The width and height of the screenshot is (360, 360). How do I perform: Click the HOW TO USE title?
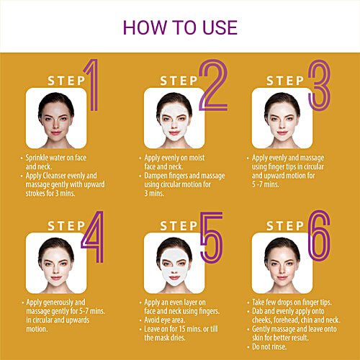[179, 27]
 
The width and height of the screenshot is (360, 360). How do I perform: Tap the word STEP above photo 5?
[170, 225]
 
